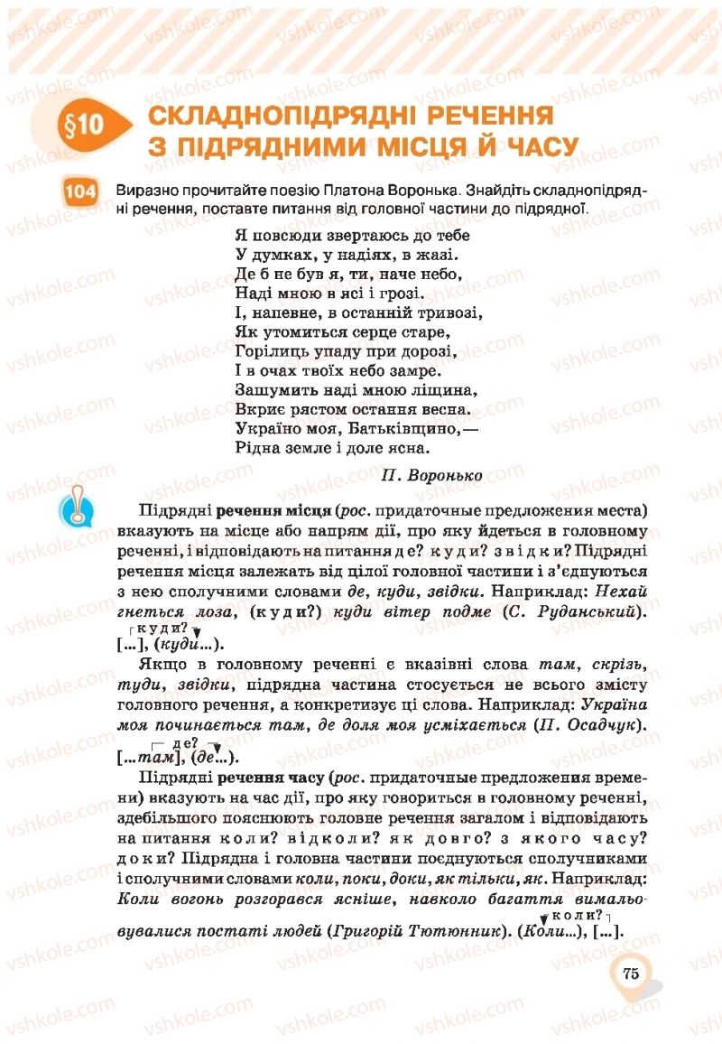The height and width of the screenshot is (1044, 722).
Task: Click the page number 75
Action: coord(630,973)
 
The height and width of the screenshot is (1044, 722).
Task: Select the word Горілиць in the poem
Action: coord(269,350)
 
